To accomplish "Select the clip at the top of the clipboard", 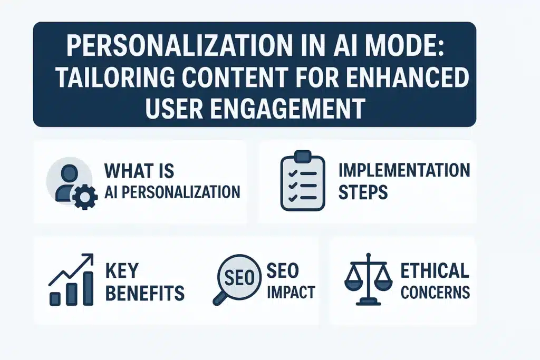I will pyautogui.click(x=302, y=157).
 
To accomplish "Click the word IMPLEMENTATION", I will pyautogui.click(x=404, y=170).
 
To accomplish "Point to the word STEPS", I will pyautogui.click(x=363, y=192).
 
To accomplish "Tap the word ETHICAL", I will pyautogui.click(x=435, y=270).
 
